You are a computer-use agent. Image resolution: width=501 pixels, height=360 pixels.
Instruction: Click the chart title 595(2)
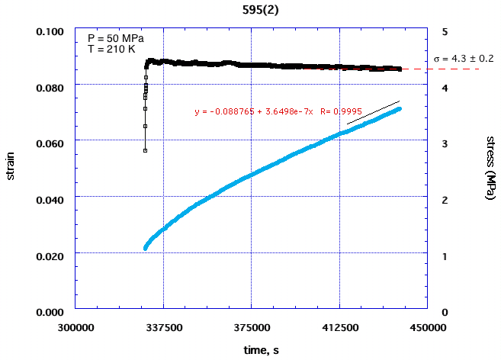point(251,10)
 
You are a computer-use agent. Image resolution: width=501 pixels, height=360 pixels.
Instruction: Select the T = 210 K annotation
point(110,49)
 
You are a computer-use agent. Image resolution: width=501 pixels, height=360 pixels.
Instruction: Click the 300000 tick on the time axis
point(75,326)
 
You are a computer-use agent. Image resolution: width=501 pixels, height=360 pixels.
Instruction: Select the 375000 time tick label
point(251,326)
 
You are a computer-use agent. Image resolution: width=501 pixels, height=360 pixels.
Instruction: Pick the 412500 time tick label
point(339,326)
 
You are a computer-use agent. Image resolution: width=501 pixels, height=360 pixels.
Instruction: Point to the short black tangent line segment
point(373,112)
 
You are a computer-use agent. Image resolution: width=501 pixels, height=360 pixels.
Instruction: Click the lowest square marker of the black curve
point(145,150)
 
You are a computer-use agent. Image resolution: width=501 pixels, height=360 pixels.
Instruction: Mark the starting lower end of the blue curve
point(145,248)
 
